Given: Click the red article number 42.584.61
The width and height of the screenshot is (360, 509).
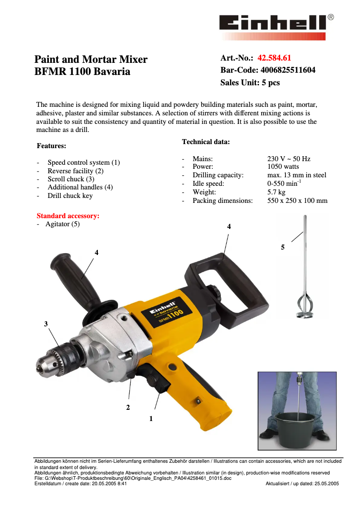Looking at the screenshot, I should (274, 58).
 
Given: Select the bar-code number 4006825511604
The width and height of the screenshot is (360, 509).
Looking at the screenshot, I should (288, 70).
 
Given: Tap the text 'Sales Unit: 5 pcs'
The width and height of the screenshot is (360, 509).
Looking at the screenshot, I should (250, 83).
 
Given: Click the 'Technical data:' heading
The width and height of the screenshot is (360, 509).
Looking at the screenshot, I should (206, 142).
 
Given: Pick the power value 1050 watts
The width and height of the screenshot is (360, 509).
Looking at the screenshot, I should (283, 167).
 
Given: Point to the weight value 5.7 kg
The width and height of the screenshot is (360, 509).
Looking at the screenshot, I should (276, 192).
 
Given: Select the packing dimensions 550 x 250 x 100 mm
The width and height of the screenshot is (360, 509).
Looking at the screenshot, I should (297, 201).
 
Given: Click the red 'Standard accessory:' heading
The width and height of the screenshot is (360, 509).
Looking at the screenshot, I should (68, 216).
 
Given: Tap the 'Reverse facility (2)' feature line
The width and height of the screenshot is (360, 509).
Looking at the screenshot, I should (75, 171).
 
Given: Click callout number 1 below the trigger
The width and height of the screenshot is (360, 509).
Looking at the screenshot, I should (151, 418).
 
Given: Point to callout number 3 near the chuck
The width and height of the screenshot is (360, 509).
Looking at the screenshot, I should (46, 324).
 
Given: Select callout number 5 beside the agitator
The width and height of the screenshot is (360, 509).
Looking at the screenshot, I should (283, 247).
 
